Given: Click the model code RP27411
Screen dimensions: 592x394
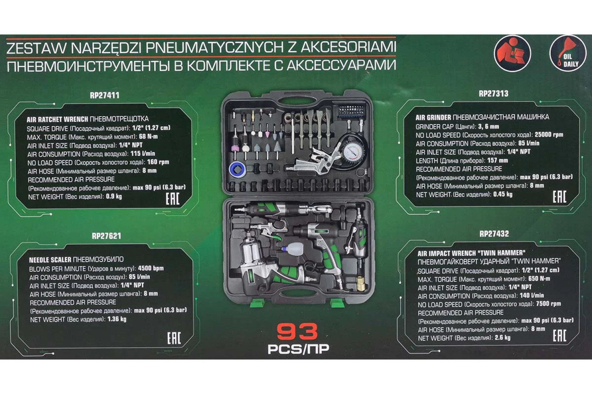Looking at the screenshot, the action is pyautogui.click(x=105, y=95).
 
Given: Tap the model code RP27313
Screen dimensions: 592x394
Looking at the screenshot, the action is pyautogui.click(x=493, y=94).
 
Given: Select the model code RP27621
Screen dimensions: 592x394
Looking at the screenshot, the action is pyautogui.click(x=106, y=236).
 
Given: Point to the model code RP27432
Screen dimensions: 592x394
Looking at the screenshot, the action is pyautogui.click(x=494, y=234).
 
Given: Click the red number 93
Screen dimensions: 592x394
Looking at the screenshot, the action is pyautogui.click(x=297, y=332).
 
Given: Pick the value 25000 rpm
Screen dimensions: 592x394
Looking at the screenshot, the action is pyautogui.click(x=549, y=135).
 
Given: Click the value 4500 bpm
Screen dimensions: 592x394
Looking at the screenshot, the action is pyautogui.click(x=151, y=268).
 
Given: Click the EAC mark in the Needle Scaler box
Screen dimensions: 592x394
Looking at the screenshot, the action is pyautogui.click(x=174, y=338).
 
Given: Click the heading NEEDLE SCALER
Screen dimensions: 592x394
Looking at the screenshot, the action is pyautogui.click(x=50, y=260).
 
